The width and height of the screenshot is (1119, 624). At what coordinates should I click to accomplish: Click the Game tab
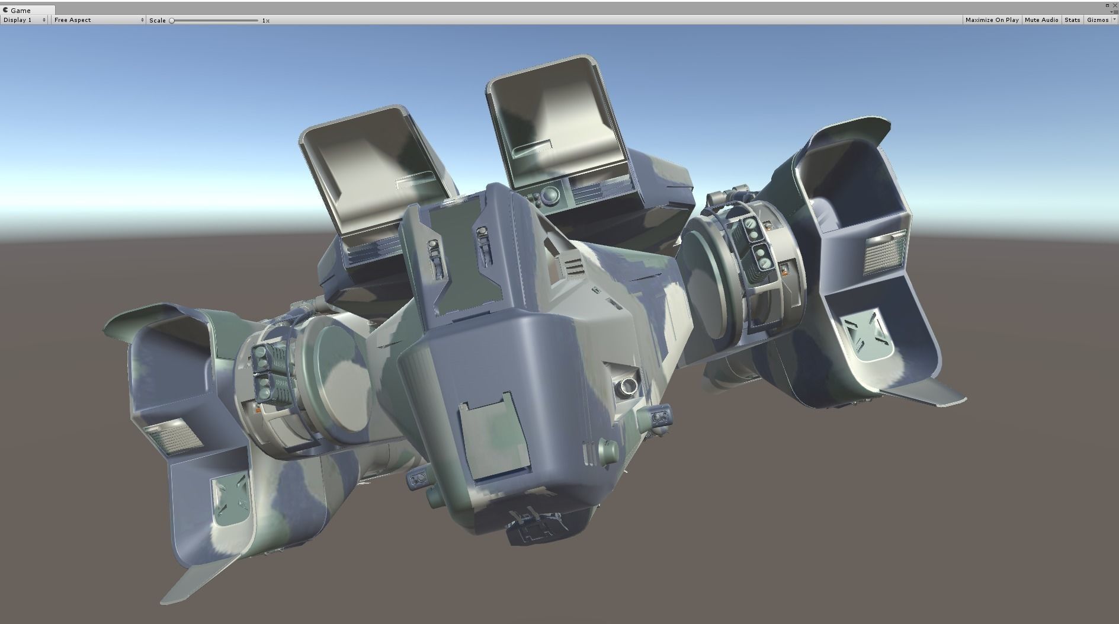click(20, 10)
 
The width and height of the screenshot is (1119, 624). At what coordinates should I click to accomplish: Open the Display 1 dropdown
click(24, 20)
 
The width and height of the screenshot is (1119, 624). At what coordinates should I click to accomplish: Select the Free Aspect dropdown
click(98, 20)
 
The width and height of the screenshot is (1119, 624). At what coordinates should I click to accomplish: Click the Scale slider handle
click(172, 21)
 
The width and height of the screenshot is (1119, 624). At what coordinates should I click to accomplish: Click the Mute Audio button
click(1041, 20)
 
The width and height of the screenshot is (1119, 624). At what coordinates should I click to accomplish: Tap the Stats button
click(1072, 20)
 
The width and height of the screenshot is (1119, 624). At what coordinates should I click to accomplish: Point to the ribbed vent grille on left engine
click(172, 437)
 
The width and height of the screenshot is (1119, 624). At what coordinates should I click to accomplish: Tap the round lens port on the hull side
click(626, 386)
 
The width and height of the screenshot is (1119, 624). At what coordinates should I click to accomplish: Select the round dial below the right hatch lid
click(550, 194)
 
